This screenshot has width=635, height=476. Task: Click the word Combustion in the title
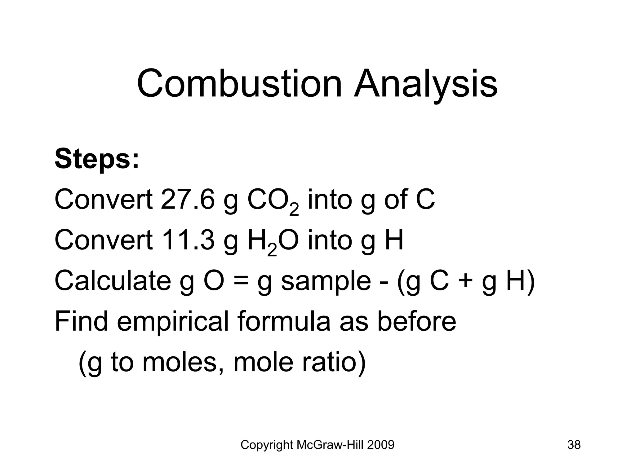point(239,84)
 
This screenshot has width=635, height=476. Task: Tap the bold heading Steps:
point(97,159)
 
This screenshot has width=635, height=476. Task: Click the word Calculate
point(113,280)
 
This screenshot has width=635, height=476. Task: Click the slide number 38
point(574,445)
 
